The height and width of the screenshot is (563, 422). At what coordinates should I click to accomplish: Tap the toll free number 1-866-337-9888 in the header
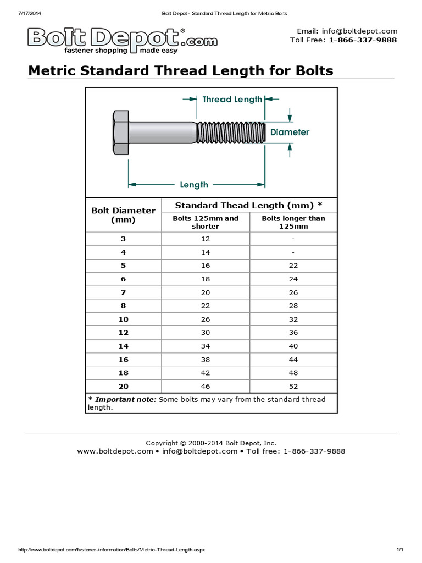363,40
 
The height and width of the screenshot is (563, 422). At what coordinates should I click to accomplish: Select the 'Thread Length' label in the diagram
232,100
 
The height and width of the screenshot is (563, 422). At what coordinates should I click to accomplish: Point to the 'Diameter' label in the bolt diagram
290,132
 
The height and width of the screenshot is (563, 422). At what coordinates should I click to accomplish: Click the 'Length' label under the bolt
194,185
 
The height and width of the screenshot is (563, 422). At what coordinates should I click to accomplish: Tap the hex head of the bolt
120,132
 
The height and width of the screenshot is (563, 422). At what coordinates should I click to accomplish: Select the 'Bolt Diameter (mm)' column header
123,215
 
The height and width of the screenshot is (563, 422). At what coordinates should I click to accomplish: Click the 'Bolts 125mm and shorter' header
206,222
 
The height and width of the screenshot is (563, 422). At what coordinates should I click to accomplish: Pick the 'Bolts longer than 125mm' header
293,222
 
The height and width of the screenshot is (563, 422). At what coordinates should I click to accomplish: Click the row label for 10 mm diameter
123,319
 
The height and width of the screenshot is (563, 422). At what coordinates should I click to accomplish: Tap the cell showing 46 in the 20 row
206,386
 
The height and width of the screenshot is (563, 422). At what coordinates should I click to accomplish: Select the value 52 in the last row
293,386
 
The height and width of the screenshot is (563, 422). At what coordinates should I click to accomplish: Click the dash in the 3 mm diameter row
293,239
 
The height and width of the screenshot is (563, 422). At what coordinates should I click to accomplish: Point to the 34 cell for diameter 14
206,346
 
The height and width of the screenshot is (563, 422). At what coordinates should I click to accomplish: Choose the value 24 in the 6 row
293,279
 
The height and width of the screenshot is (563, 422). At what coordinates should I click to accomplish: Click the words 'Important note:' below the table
126,399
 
